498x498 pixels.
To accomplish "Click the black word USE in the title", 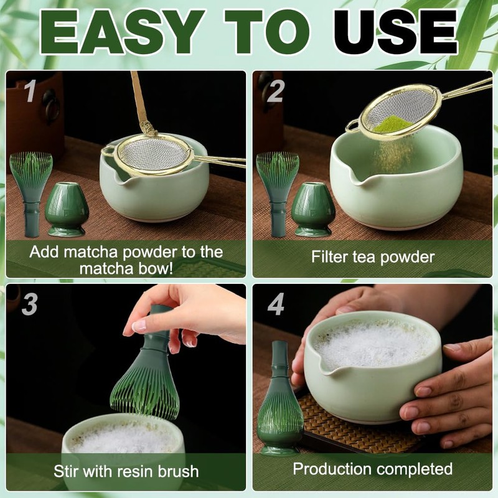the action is point(395,32).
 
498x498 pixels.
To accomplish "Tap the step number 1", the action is point(31,91).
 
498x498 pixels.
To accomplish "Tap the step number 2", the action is point(275,91).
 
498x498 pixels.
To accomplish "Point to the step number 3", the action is point(30,304).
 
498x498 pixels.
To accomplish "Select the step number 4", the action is point(276,304).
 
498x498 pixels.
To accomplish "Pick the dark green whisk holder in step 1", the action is point(67,209).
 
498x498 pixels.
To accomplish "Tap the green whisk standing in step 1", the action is point(31,194).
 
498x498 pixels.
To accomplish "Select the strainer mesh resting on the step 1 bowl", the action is point(154,154).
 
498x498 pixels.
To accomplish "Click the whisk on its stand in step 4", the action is point(280,398).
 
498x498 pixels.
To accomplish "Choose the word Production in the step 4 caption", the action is point(332,469).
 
